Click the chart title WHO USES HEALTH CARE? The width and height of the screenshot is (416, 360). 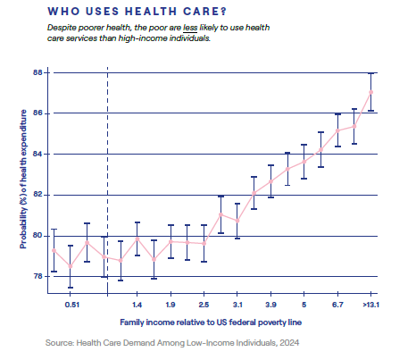[137, 12]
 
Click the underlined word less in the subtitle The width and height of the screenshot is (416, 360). [190, 28]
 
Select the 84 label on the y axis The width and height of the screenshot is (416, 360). [37, 154]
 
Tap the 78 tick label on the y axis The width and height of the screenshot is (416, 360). [37, 276]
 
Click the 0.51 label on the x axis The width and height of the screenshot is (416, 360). [72, 305]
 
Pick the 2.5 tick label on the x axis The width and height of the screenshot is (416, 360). [204, 305]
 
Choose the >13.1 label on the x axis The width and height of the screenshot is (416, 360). [370, 305]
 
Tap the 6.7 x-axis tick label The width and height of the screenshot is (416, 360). [337, 305]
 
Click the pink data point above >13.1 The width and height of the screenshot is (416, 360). [370, 92]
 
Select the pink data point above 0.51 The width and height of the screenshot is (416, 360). [71, 266]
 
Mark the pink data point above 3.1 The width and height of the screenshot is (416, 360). [237, 221]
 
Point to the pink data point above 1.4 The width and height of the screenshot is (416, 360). [137, 239]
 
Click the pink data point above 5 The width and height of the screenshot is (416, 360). [304, 162]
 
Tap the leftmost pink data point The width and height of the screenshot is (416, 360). [54, 250]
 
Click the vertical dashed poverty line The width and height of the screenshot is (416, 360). [107, 180]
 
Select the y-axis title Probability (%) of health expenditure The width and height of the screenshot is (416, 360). [23, 180]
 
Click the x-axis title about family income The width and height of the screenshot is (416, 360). [211, 322]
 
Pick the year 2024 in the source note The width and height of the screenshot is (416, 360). [289, 343]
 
